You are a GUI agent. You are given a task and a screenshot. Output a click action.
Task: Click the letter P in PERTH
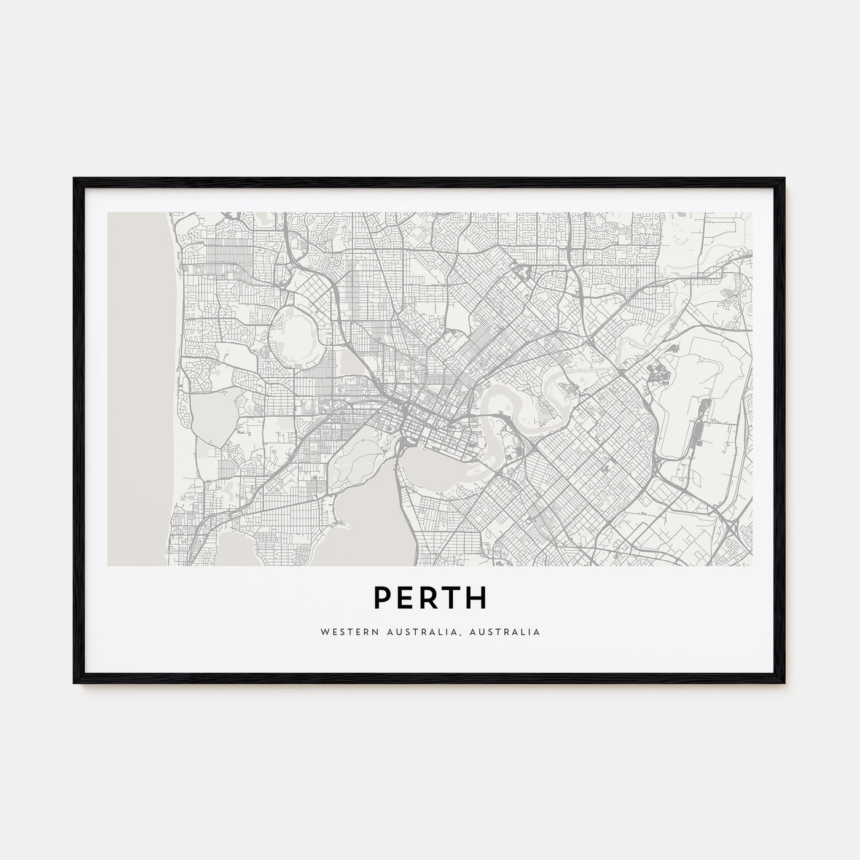pyautogui.click(x=383, y=598)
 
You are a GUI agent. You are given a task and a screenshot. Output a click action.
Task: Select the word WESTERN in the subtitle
pyautogui.click(x=343, y=631)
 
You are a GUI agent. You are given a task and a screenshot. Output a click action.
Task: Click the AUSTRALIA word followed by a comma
pyautogui.click(x=431, y=631)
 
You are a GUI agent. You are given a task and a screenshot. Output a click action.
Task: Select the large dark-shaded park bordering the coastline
pyautogui.click(x=209, y=418)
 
